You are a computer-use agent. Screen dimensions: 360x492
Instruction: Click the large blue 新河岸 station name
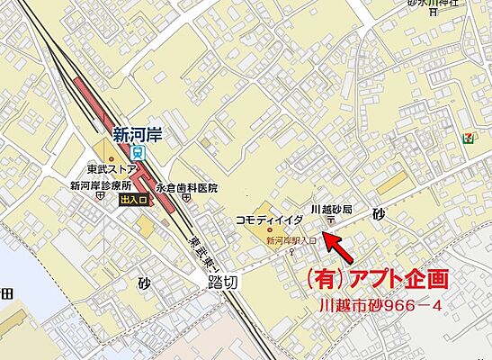point(137,135)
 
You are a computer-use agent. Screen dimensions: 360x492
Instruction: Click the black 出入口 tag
point(133,202)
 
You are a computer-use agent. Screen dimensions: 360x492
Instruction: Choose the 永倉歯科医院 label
point(187,188)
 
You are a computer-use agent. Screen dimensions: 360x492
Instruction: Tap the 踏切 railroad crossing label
point(218,281)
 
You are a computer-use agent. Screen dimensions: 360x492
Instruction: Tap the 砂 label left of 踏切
point(144,282)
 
